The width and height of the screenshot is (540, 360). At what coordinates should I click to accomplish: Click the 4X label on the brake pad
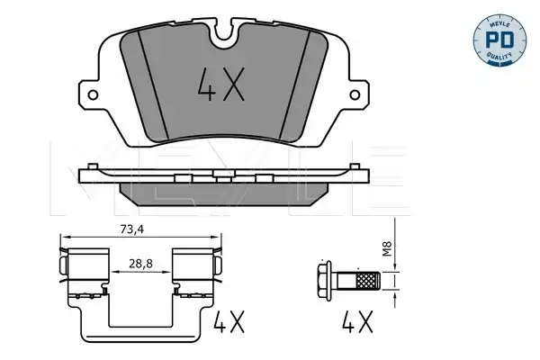[x=220, y=85]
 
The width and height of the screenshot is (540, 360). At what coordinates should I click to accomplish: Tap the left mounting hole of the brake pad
[x=93, y=95]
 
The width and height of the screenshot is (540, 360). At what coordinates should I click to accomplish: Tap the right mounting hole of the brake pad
[x=355, y=95]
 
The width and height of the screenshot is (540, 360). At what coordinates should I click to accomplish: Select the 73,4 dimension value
[x=132, y=229]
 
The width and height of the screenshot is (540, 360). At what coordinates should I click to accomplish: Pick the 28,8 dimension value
[x=141, y=264]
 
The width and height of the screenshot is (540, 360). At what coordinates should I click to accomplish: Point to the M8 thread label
[x=388, y=248]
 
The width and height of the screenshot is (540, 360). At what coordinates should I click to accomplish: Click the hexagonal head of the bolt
[x=324, y=281]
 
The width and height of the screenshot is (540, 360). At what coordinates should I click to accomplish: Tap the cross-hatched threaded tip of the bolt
[x=369, y=281]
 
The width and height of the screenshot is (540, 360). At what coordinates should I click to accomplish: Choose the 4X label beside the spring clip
[x=229, y=321]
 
